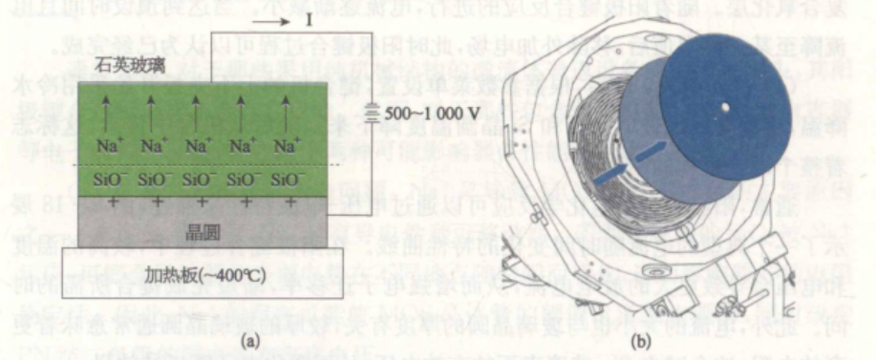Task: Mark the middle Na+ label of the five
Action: click(x=197, y=147)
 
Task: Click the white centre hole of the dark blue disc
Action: click(x=724, y=106)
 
